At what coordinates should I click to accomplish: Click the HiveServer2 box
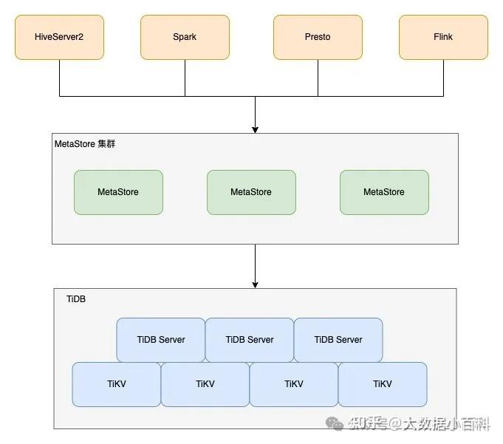pyautogui.click(x=59, y=37)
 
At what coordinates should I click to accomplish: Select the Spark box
pyautogui.click(x=185, y=37)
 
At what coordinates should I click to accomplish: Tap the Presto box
pyautogui.click(x=318, y=37)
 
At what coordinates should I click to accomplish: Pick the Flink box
pyautogui.click(x=443, y=37)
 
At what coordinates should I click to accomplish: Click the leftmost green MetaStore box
pyautogui.click(x=118, y=192)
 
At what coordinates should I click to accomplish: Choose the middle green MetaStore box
pyautogui.click(x=251, y=192)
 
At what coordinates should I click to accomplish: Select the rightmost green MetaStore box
pyautogui.click(x=384, y=192)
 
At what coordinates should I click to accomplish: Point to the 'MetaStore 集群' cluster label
pyautogui.click(x=85, y=144)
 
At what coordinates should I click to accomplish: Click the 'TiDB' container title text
pyautogui.click(x=76, y=299)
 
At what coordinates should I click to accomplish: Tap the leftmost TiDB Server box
pyautogui.click(x=161, y=340)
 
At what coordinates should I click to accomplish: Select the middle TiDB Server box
pyautogui.click(x=250, y=340)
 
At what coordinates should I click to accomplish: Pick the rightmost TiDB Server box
pyautogui.click(x=338, y=340)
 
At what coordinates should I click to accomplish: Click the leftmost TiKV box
pyautogui.click(x=117, y=384)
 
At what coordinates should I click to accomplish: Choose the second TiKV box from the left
pyautogui.click(x=205, y=384)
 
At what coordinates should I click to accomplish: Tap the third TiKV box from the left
pyautogui.click(x=294, y=384)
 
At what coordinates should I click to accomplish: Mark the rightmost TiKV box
pyautogui.click(x=383, y=384)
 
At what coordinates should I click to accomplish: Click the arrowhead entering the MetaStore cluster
pyautogui.click(x=255, y=129)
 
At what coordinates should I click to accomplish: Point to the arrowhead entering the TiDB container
pyautogui.click(x=255, y=284)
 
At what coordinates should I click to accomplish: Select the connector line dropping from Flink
pyautogui.click(x=443, y=78)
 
